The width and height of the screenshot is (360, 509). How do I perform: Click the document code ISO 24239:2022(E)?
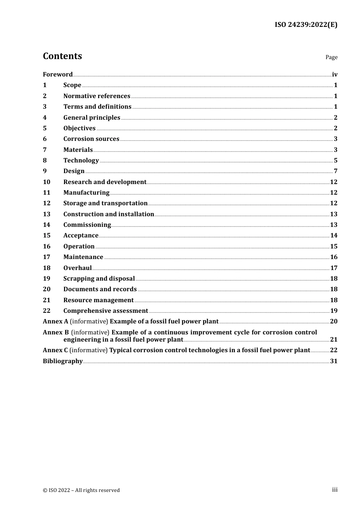point(306,25)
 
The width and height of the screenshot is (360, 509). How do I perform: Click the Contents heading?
point(62,56)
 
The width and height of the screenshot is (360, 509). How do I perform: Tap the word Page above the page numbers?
point(331,57)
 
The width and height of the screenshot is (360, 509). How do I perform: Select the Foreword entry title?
point(58,75)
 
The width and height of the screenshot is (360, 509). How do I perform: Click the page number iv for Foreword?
point(335,75)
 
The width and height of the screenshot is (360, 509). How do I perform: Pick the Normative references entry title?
point(97,96)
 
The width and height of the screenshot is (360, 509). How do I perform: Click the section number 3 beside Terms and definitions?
point(45,107)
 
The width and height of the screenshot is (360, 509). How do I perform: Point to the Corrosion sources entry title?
point(91,139)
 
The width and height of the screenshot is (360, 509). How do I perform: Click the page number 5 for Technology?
point(335,161)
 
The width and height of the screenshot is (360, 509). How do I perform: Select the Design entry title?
point(74,171)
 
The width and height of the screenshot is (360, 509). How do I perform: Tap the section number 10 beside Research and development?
point(47,182)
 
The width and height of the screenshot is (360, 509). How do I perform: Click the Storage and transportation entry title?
point(105,203)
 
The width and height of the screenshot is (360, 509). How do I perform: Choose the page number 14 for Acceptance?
point(333,236)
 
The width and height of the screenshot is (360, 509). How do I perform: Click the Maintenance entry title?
point(83,257)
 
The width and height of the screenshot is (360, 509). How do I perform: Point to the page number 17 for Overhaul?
point(333,268)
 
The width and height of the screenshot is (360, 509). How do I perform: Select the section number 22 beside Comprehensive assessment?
point(47,311)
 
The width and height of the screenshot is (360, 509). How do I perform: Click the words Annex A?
point(55,322)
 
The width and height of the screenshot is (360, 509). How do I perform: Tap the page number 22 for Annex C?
point(333,350)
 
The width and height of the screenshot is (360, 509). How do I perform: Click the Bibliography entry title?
point(63,361)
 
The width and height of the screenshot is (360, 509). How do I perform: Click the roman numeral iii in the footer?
point(335,490)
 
